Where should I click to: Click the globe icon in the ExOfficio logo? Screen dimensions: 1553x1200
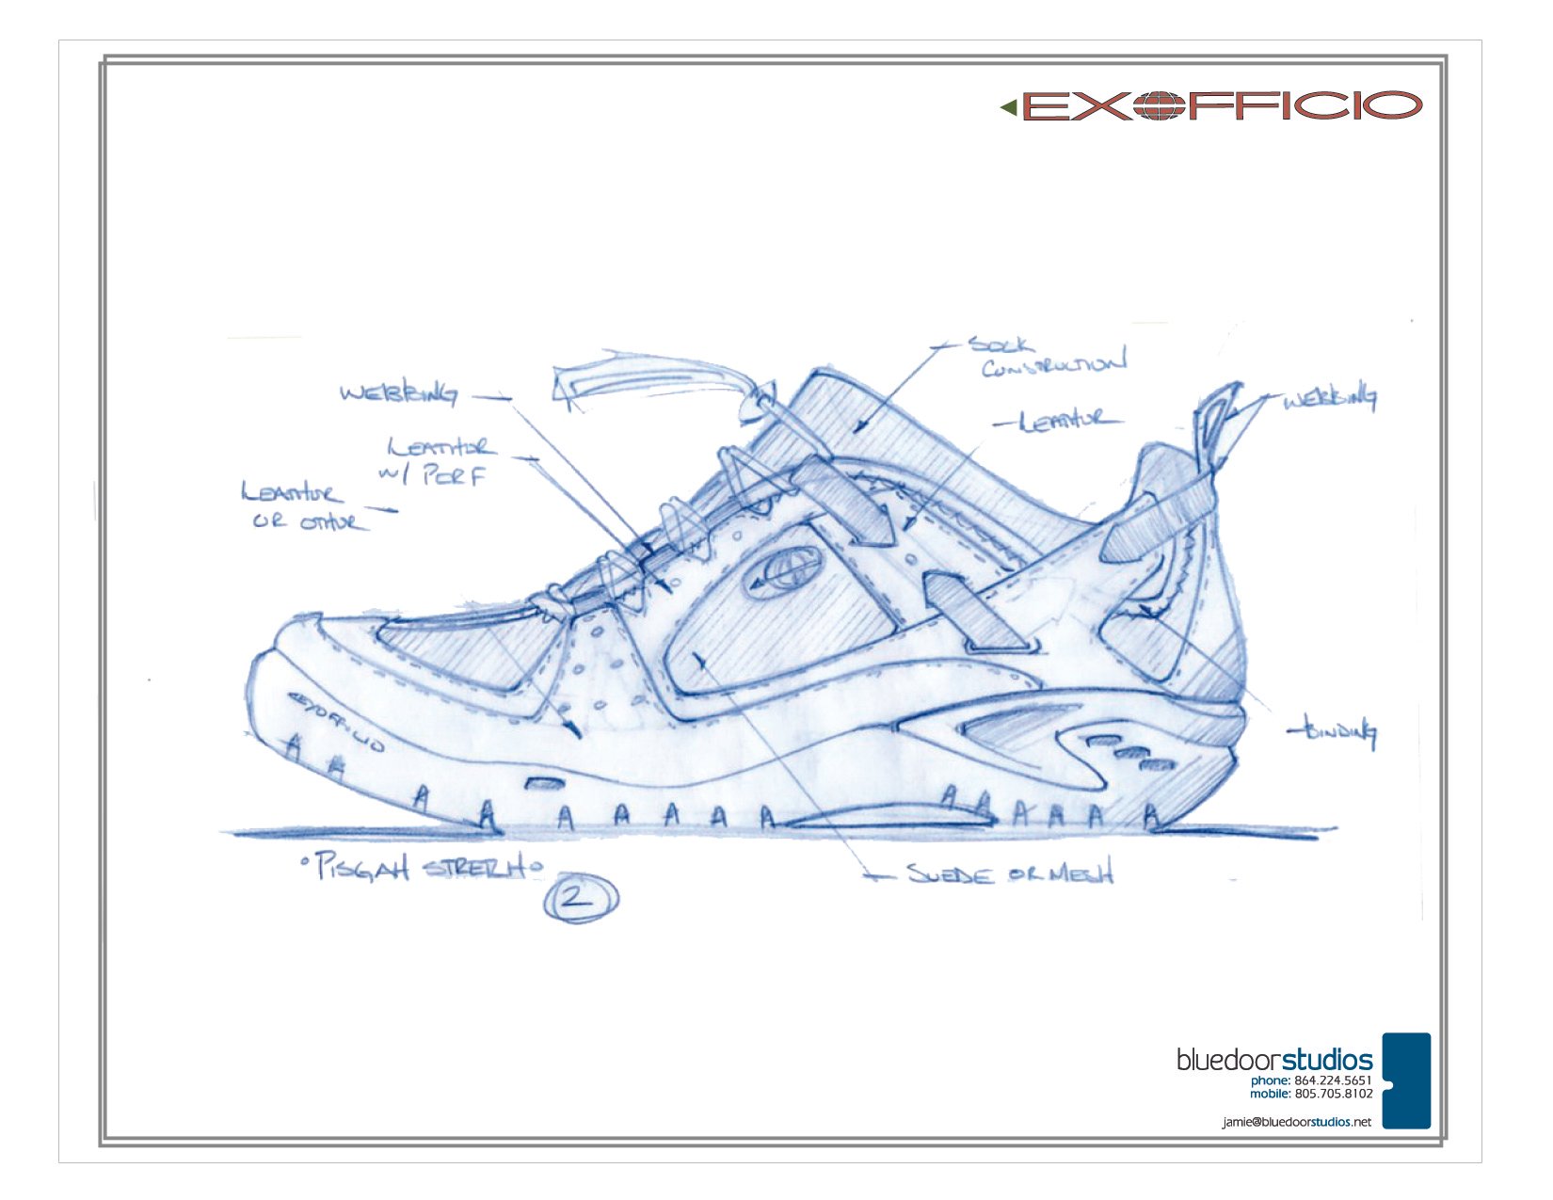coord(1160,105)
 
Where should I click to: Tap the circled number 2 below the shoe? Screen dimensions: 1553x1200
coord(580,898)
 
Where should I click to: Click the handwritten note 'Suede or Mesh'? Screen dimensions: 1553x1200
coord(1009,873)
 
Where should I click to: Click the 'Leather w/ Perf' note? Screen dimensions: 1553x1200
coord(439,459)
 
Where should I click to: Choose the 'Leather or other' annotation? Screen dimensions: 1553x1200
coord(301,506)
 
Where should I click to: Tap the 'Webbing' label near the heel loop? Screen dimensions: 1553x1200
coord(1329,399)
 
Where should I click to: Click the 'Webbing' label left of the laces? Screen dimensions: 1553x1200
coord(399,393)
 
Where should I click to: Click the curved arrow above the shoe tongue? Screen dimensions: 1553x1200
coord(659,378)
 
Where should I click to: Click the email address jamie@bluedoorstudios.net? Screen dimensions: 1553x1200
coord(1296,1122)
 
